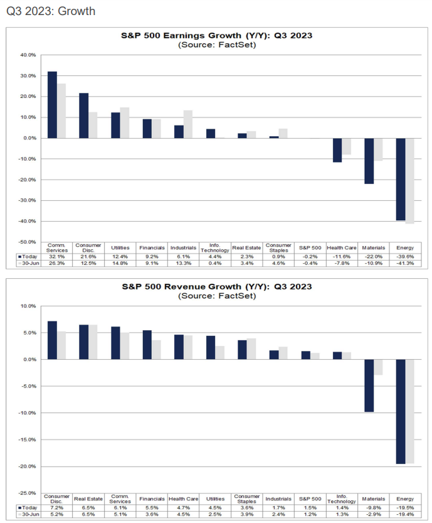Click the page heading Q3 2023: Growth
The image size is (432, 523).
point(51,11)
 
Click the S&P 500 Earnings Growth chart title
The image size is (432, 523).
point(216,36)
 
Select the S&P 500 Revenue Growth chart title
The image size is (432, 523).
point(216,287)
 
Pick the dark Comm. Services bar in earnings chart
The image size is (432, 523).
point(52,105)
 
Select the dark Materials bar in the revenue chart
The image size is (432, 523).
point(369,386)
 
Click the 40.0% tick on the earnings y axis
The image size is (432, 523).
point(28,55)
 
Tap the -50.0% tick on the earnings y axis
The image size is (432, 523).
point(28,242)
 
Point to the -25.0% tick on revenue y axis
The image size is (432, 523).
point(28,493)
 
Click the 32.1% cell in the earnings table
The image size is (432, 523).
point(56,256)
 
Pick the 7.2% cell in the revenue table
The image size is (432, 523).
point(56,507)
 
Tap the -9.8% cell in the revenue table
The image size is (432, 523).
point(373,507)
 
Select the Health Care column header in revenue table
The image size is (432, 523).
point(183,499)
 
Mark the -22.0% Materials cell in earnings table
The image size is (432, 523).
point(373,256)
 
